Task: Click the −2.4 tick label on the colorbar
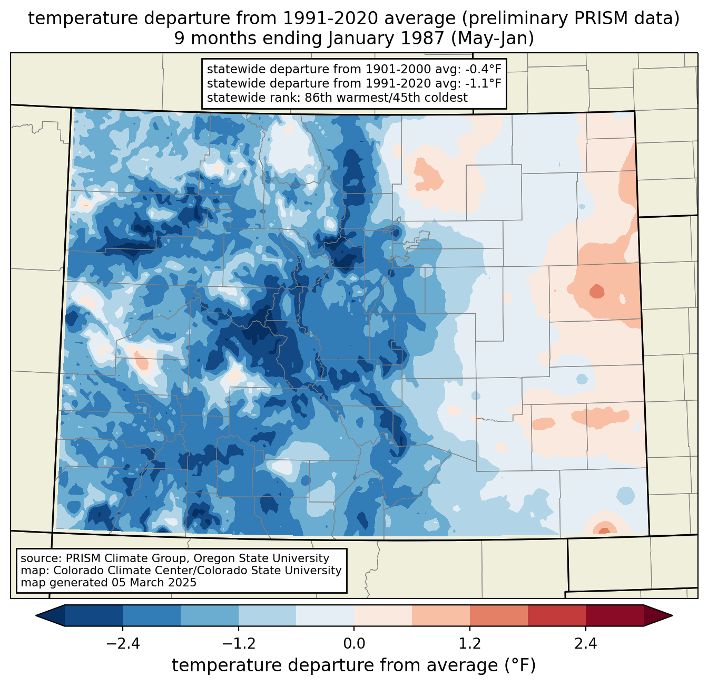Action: [x=123, y=644]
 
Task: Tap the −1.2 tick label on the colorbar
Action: [x=239, y=644]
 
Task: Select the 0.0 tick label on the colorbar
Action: [x=354, y=644]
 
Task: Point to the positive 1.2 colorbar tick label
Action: [x=470, y=644]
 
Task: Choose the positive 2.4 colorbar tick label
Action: [x=586, y=644]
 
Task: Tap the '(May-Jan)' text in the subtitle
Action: [x=495, y=38]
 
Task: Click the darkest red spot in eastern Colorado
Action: [x=597, y=291]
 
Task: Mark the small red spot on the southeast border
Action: [x=605, y=530]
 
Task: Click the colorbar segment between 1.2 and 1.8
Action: [x=499, y=615]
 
